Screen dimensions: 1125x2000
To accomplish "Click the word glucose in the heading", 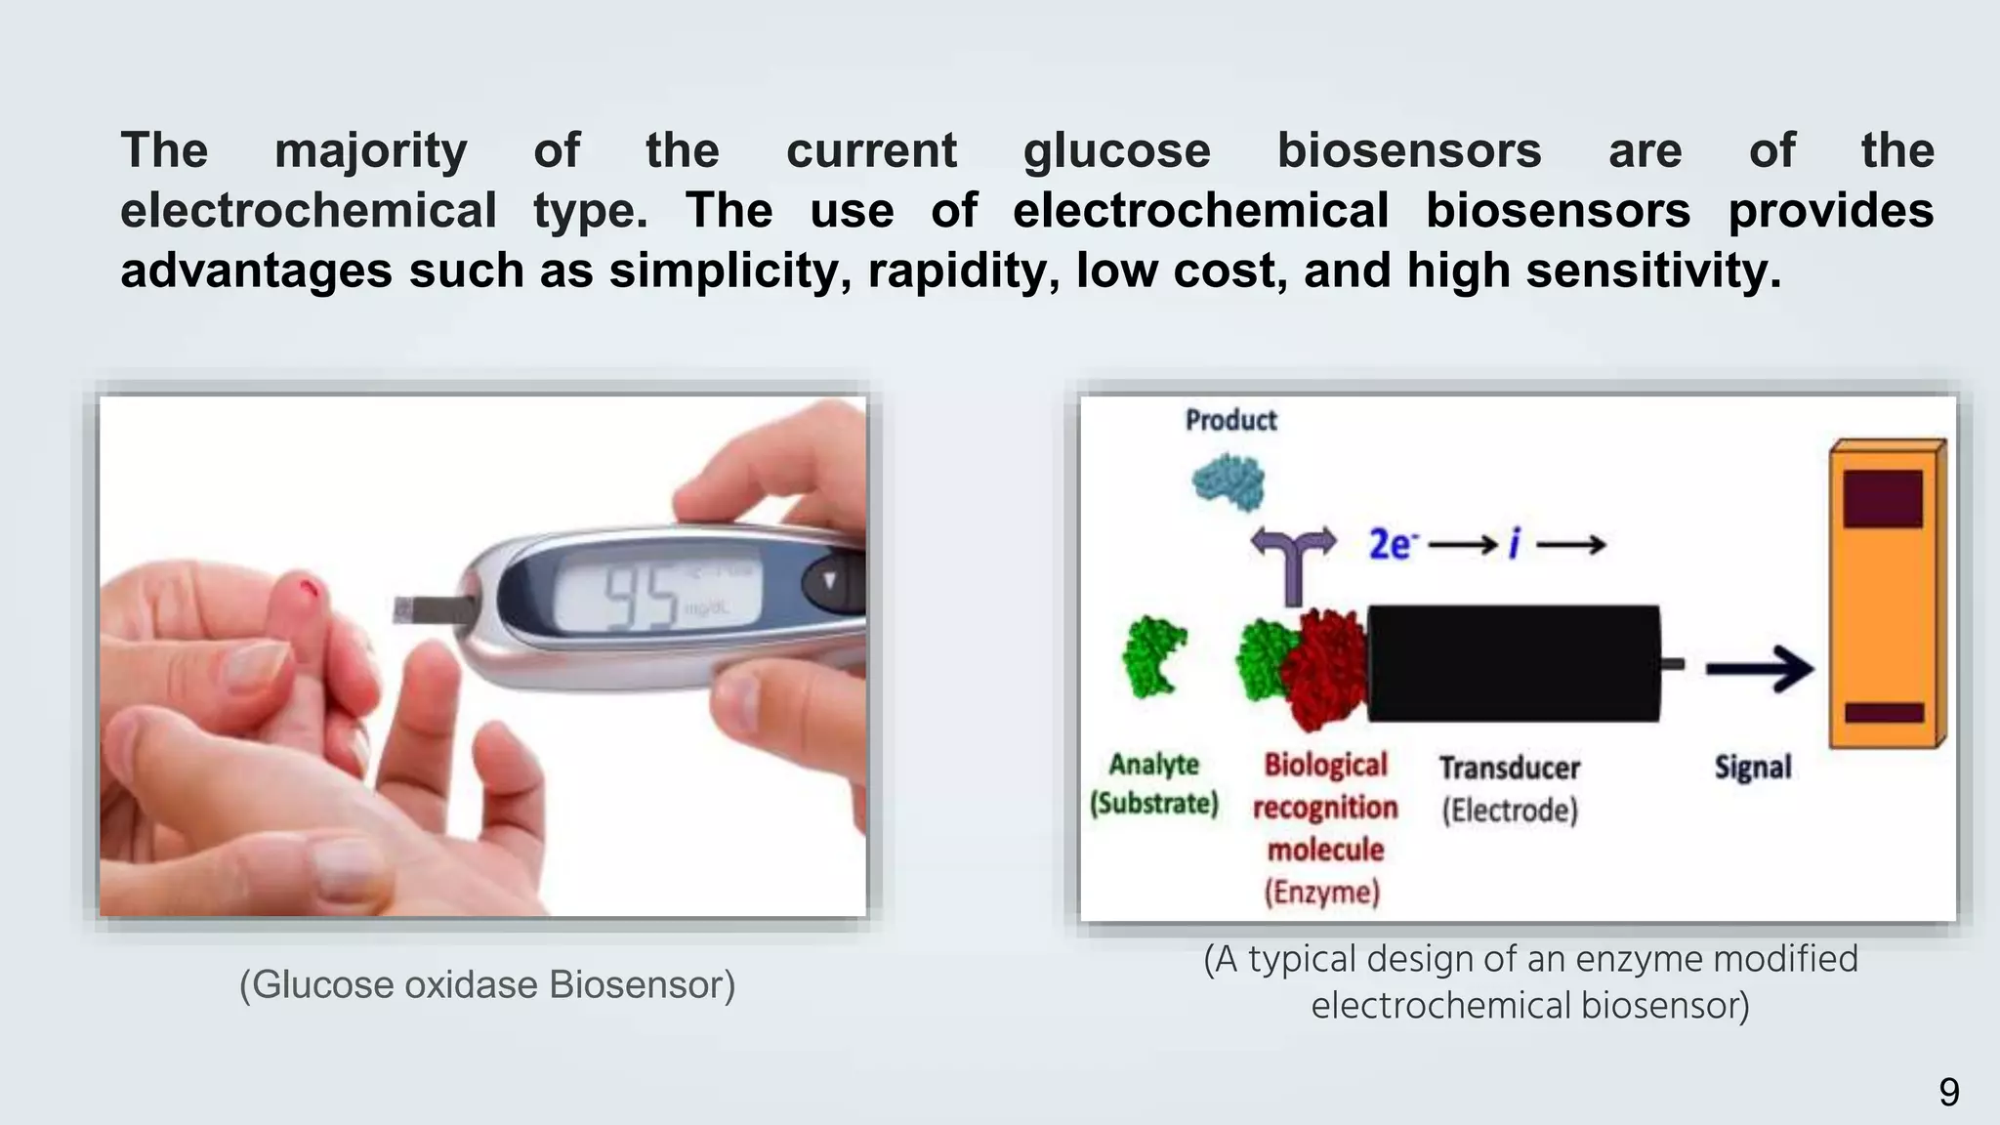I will pos(1116,151).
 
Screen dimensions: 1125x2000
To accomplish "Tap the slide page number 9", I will pos(1948,1092).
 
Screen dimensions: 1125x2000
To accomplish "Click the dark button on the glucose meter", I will pos(830,583).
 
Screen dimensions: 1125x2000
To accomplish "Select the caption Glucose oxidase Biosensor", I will pos(487,984).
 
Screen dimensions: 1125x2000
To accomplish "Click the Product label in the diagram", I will pos(1230,420).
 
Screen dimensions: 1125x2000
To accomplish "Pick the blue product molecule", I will pos(1229,480).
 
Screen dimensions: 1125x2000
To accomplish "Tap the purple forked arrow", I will pos(1294,561).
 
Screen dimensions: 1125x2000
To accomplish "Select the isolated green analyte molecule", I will pos(1153,656).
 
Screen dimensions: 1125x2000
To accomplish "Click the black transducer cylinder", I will pos(1513,664).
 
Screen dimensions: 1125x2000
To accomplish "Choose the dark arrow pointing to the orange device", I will pos(1759,669).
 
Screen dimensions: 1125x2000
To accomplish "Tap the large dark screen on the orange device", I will pos(1882,498).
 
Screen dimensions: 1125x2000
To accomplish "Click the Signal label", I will pos(1753,768).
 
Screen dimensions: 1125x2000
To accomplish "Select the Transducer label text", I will pos(1509,768).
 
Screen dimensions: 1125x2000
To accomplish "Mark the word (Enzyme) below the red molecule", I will pos(1322,892).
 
